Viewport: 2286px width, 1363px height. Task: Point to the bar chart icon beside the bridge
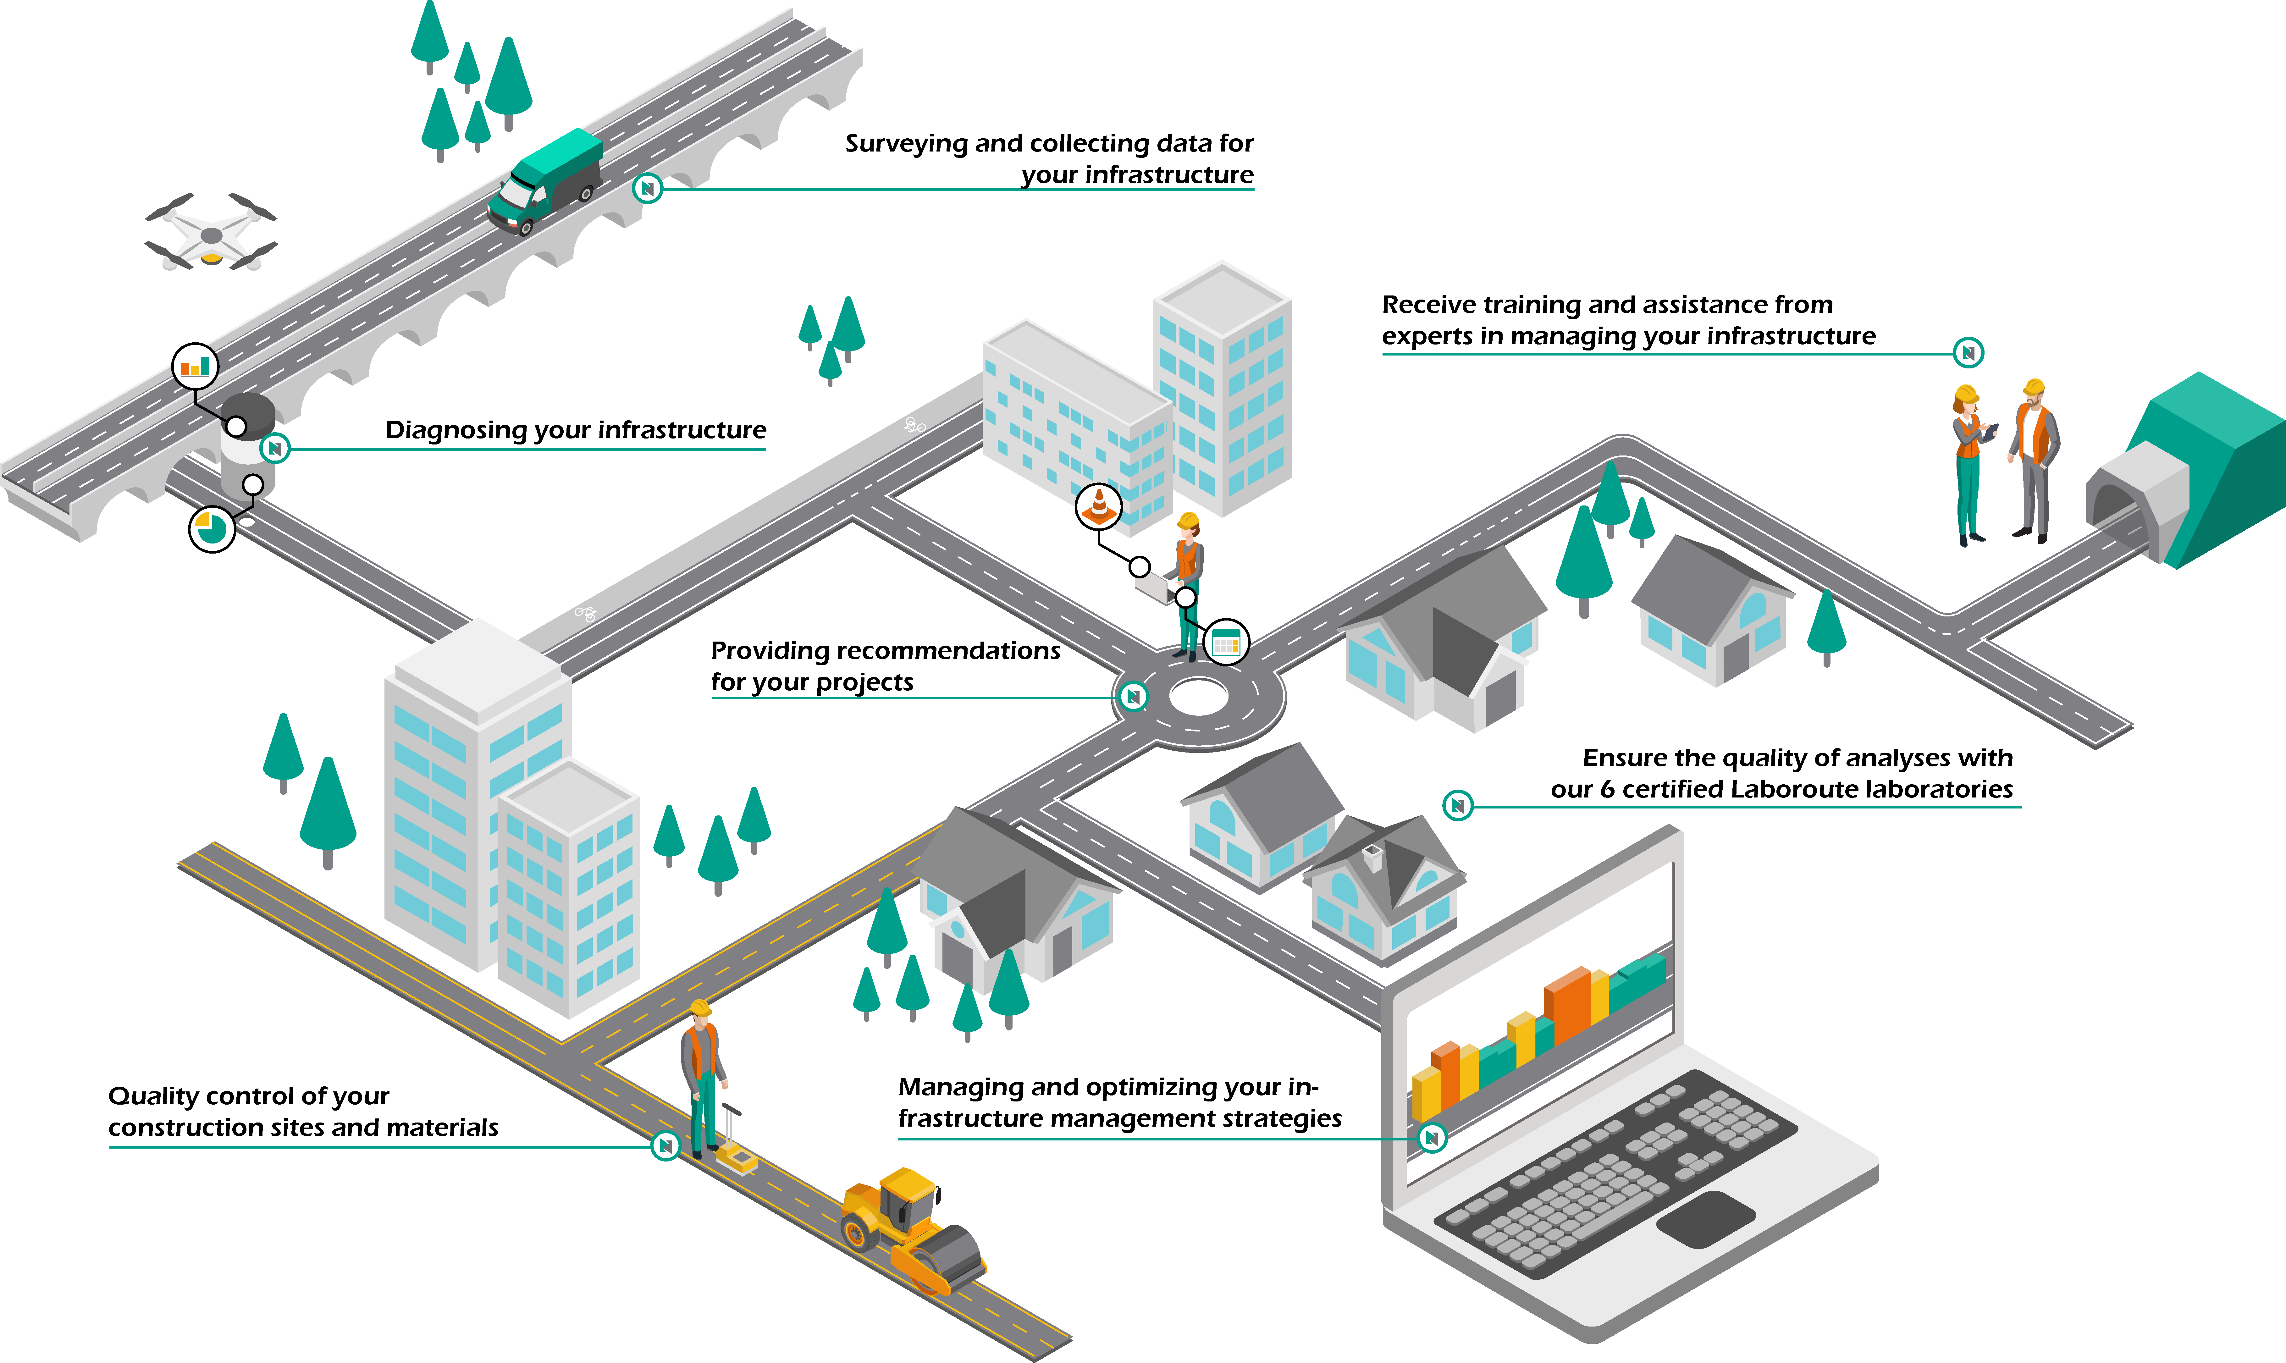pyautogui.click(x=195, y=367)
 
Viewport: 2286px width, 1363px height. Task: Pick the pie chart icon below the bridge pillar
pyautogui.click(x=211, y=529)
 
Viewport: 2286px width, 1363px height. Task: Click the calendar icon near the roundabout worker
pyautogui.click(x=1225, y=642)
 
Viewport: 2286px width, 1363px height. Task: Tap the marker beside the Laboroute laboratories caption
pyautogui.click(x=1458, y=805)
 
